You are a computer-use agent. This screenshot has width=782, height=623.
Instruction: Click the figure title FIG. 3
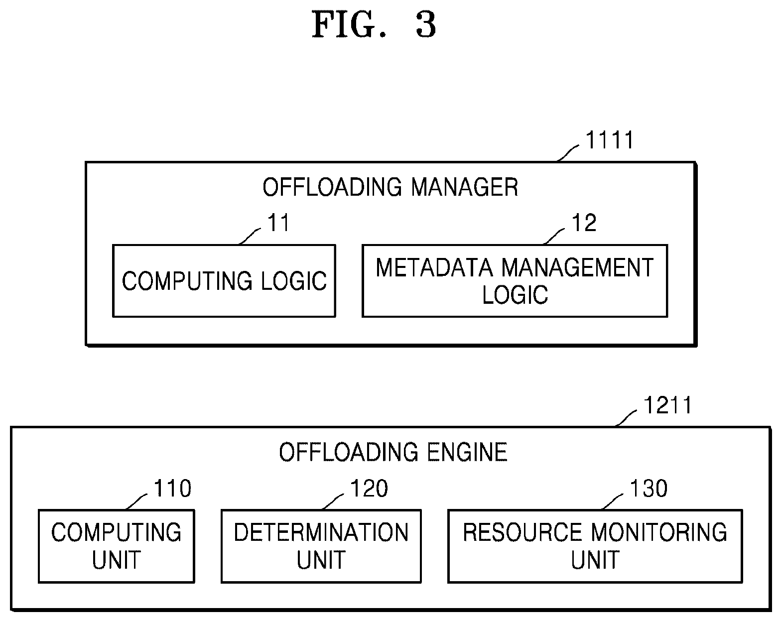tap(374, 25)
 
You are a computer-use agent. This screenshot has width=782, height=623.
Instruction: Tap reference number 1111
tap(610, 140)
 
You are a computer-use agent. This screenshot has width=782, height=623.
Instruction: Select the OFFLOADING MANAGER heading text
tap(391, 187)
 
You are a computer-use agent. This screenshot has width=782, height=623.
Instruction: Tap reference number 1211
tap(667, 405)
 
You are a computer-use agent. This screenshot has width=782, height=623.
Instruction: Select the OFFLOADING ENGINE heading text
tap(393, 452)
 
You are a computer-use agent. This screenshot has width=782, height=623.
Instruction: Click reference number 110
tap(173, 488)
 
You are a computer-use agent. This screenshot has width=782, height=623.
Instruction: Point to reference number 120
tap(369, 488)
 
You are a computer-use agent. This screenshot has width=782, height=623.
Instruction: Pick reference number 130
tap(649, 488)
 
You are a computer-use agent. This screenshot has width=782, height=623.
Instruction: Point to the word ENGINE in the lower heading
tap(467, 452)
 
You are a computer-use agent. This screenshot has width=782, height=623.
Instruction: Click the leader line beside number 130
tap(613, 501)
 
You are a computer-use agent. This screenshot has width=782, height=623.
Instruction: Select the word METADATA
tap(434, 268)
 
